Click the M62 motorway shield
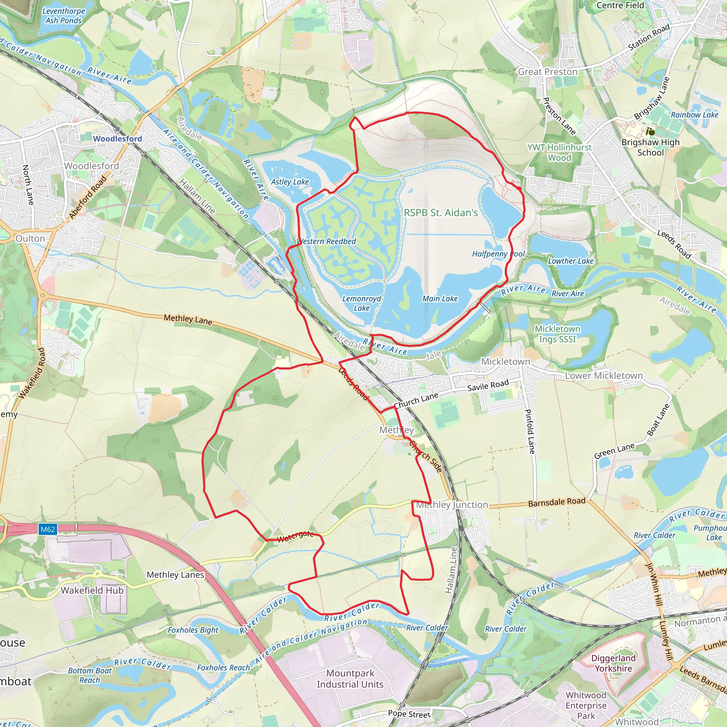pos(48,529)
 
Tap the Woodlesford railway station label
pos(117,139)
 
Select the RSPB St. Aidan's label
pos(441,213)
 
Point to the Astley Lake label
pos(290,182)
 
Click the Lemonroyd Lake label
pos(362,303)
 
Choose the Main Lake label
pos(440,299)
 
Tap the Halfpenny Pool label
pos(498,254)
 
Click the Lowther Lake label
pos(570,261)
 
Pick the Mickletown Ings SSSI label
pos(557,334)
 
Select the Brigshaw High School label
pos(651,147)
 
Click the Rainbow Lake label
pos(695,115)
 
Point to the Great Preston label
pos(547,72)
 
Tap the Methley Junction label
pos(452,505)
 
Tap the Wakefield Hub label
pos(92,590)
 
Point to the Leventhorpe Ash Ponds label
pos(64,16)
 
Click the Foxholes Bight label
pos(193,630)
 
